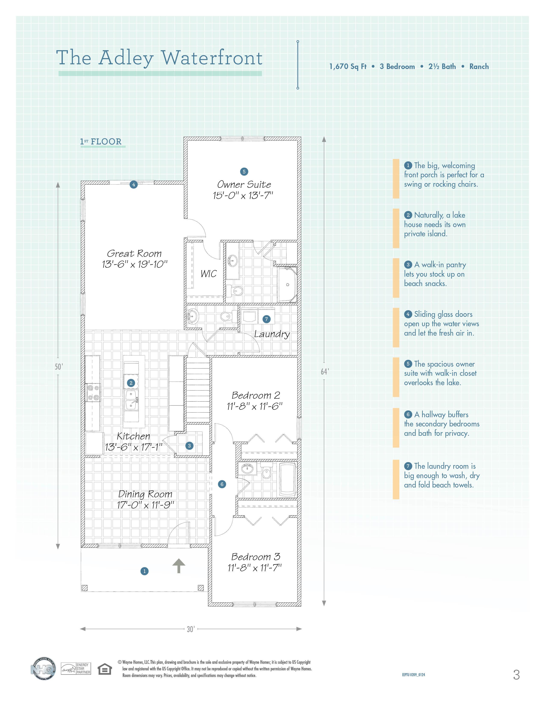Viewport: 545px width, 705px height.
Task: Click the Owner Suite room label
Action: click(244, 185)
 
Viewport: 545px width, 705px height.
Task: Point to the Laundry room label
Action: click(272, 334)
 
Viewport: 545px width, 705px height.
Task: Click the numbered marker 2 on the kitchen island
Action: click(131, 383)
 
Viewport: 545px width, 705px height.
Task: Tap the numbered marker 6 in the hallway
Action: click(222, 484)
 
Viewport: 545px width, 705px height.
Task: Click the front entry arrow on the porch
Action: click(178, 566)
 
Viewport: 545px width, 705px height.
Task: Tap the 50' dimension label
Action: click(58, 367)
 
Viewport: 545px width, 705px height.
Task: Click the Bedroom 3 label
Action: click(256, 557)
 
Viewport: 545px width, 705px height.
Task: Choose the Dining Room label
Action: click(145, 494)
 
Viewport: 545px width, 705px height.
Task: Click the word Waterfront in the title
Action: click(212, 58)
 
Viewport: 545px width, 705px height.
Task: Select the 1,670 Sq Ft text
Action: click(348, 66)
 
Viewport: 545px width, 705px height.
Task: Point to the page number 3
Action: click(516, 675)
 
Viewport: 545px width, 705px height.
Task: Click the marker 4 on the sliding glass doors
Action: click(133, 185)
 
